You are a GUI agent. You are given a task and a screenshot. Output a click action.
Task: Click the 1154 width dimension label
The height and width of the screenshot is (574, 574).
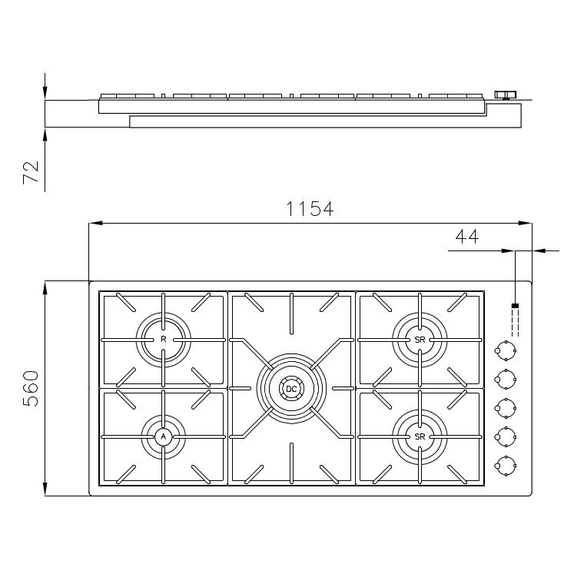[310, 209]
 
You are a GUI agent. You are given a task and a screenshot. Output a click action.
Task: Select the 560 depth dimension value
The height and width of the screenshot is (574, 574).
[31, 388]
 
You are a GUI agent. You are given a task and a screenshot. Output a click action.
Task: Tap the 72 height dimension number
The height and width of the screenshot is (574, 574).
[31, 172]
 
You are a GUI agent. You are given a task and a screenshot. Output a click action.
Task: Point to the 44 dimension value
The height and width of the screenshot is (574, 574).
[467, 237]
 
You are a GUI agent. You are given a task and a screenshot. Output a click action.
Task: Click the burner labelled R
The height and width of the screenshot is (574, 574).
[163, 340]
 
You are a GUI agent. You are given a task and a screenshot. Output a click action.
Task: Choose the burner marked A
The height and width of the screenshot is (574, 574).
[163, 436]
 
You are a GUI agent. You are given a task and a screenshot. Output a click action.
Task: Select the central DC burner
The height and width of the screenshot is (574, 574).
[291, 389]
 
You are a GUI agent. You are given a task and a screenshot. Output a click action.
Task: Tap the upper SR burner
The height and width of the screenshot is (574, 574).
[420, 340]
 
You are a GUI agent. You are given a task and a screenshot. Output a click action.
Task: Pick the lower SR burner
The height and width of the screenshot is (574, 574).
[420, 436]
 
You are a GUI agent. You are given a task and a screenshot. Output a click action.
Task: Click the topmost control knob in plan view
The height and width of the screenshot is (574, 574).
[506, 350]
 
